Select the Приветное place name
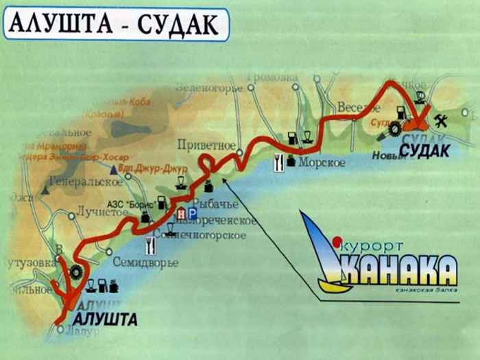(x=206, y=145)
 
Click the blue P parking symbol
(x=191, y=214)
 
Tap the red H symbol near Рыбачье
(x=180, y=214)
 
